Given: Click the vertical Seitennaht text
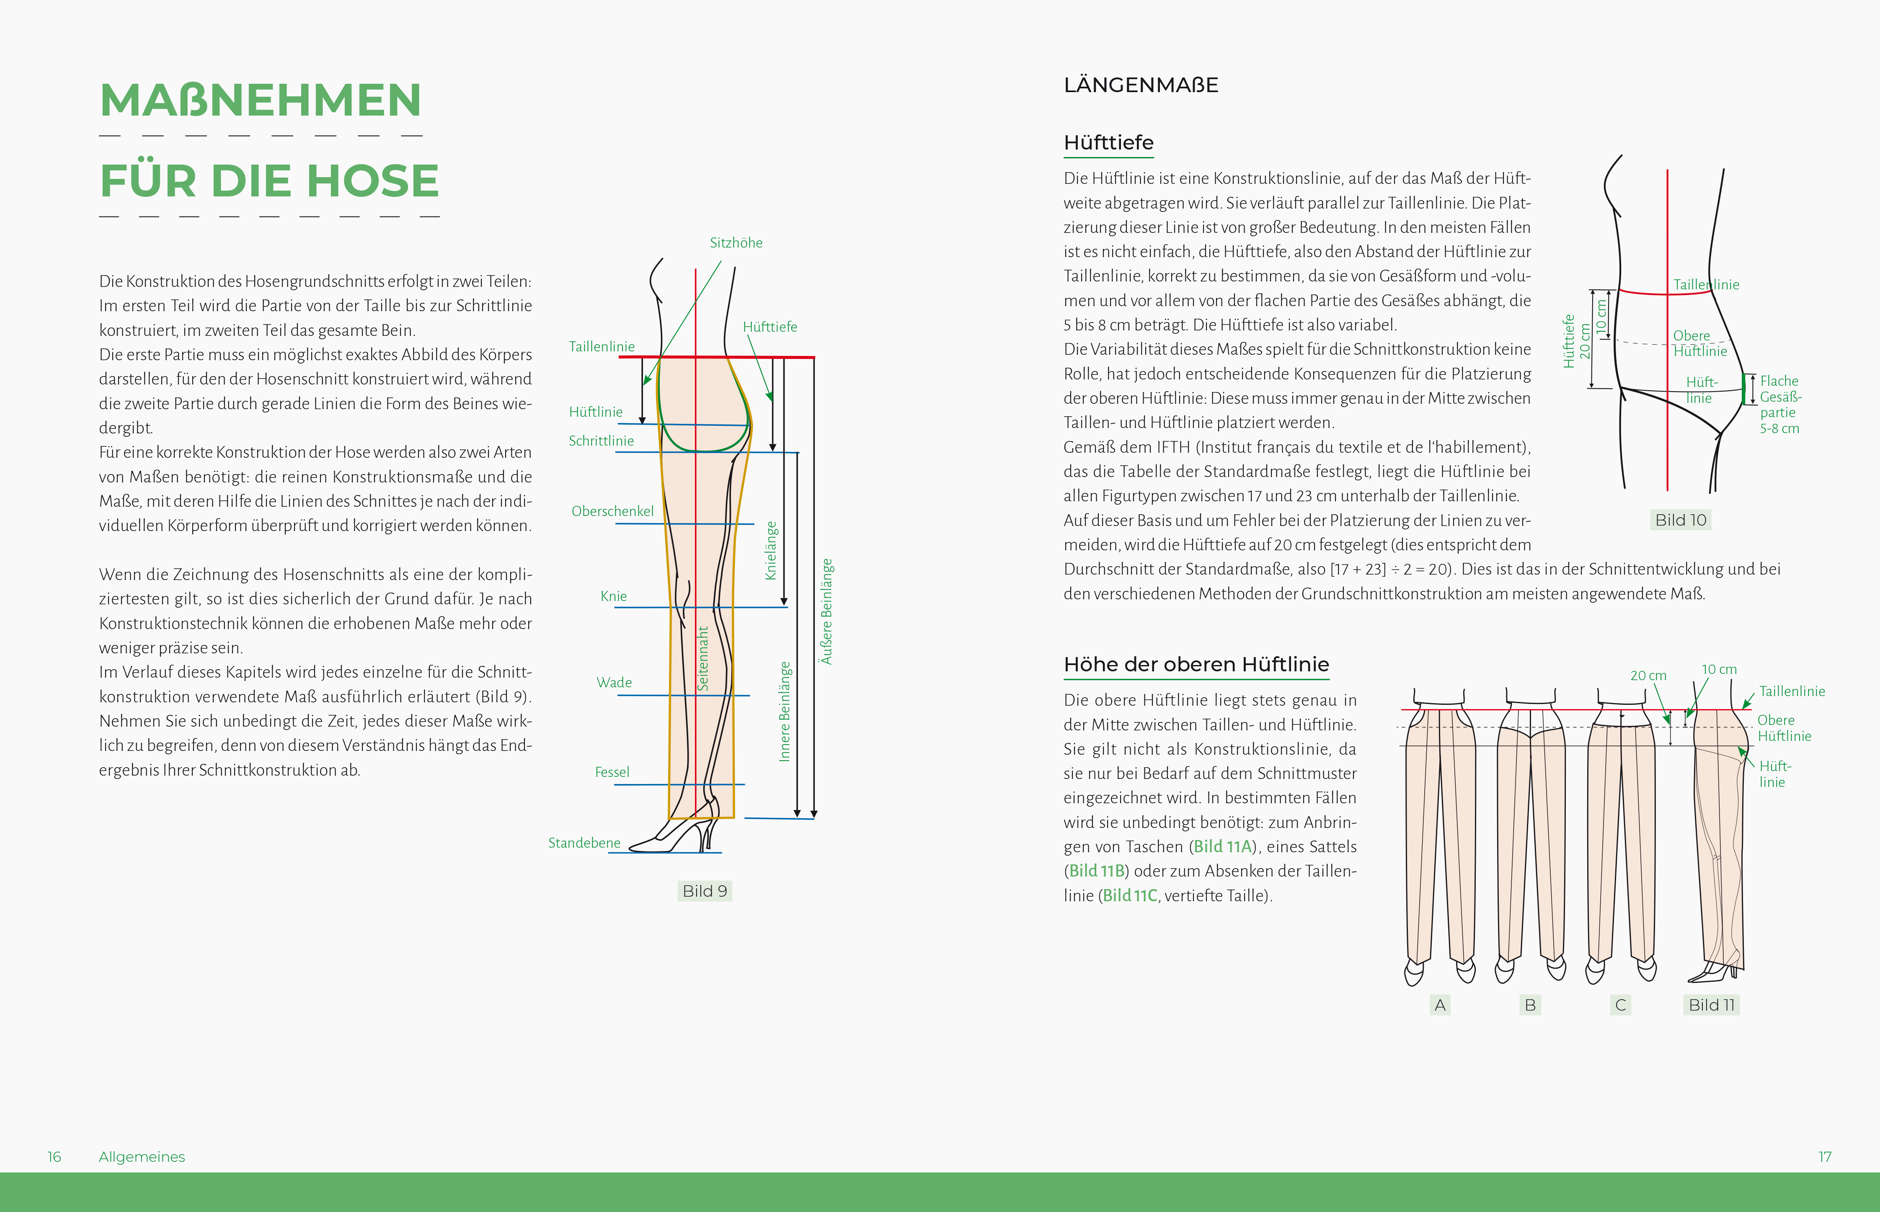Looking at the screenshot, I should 703,659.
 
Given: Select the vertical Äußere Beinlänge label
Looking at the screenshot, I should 826,611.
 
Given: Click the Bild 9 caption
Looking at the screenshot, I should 705,891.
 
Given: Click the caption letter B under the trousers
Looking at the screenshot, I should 1530,1005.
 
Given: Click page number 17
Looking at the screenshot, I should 1824,1156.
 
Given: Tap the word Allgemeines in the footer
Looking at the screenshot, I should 142,1156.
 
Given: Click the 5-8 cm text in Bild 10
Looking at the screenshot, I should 1779,429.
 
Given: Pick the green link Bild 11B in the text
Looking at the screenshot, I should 1097,871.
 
